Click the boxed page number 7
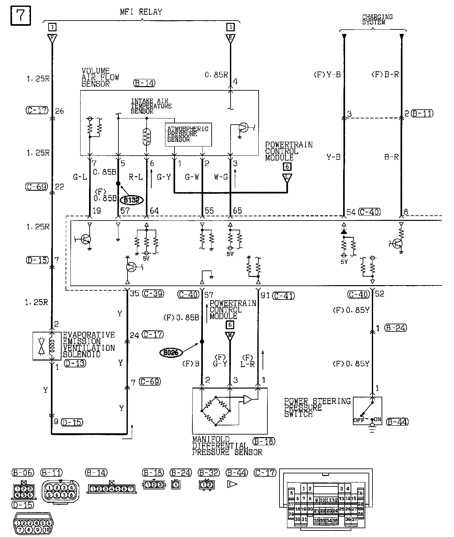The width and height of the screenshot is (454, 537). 21,15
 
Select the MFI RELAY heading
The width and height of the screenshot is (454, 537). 141,12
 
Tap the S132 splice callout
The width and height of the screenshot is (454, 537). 131,200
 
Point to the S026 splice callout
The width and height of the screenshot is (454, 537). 171,352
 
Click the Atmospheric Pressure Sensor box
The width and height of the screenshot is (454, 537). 188,134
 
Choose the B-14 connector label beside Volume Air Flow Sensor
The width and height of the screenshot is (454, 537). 144,83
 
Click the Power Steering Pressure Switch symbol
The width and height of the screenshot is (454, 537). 368,410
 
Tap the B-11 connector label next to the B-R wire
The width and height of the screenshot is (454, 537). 422,114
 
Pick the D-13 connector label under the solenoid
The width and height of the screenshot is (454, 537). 75,363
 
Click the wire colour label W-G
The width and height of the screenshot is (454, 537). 221,177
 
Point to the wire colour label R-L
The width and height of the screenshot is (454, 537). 136,177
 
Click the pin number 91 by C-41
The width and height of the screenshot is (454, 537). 265,296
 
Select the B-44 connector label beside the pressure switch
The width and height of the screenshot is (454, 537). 397,422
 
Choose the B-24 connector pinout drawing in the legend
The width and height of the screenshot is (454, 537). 175,485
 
